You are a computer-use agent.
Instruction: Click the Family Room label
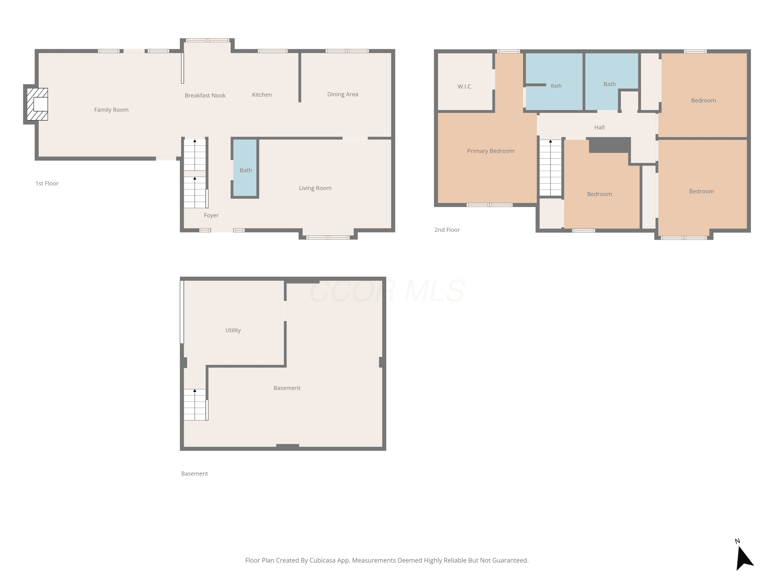[x=111, y=110]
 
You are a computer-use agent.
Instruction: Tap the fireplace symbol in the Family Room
[x=37, y=104]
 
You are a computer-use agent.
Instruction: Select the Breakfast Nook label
[x=205, y=95]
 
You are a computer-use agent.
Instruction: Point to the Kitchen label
[x=262, y=95]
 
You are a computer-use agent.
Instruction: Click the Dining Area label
[x=343, y=94]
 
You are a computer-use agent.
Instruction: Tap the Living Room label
[x=315, y=188]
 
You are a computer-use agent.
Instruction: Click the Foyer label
[x=211, y=215]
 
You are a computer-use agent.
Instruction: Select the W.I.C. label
[x=465, y=86]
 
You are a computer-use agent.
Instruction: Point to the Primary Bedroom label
[x=490, y=151]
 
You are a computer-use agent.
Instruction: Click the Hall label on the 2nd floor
[x=599, y=127]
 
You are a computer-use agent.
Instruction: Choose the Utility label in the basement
[x=233, y=330]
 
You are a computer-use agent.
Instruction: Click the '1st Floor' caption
[x=47, y=184]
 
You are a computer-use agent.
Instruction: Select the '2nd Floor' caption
[x=447, y=230]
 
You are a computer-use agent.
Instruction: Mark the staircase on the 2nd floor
[x=550, y=168]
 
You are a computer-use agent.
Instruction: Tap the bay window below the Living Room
[x=328, y=237]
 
